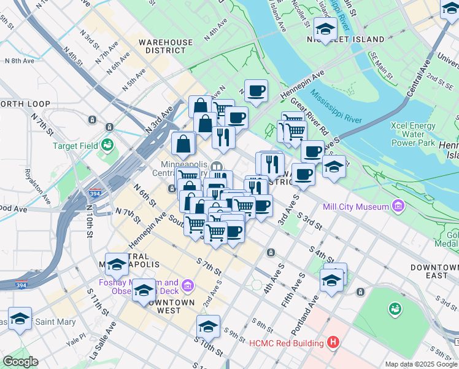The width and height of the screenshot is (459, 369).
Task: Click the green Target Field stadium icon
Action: (x=108, y=145)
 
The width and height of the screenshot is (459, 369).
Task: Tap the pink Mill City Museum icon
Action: (x=399, y=205)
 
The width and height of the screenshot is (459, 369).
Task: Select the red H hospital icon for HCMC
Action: (x=333, y=343)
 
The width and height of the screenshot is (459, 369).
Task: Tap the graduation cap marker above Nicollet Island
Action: (x=325, y=28)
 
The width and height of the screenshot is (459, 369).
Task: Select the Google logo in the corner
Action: (x=20, y=362)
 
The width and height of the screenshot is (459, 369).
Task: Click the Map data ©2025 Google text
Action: (x=420, y=364)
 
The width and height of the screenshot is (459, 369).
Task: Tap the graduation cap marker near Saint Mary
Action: (x=20, y=319)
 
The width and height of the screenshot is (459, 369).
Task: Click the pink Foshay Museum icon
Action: (x=188, y=285)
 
